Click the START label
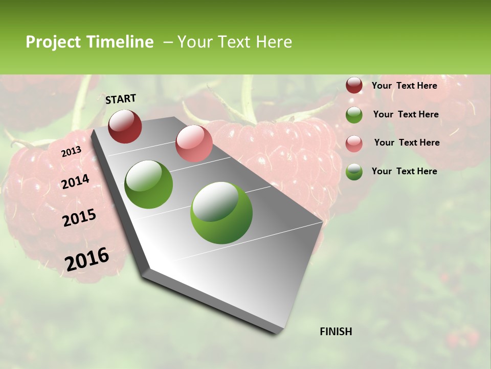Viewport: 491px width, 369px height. point(121,99)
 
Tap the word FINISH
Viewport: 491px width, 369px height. point(336,332)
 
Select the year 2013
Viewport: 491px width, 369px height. point(71,152)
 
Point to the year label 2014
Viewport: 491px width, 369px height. point(75,182)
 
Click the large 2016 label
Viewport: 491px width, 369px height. point(87,259)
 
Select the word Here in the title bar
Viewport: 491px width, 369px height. point(274,42)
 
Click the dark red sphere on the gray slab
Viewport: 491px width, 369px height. point(125,126)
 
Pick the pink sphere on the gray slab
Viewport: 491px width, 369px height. point(194,143)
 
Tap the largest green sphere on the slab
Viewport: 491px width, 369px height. point(221,213)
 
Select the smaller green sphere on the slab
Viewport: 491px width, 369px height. point(149,184)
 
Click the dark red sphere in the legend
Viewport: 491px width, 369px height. point(354,85)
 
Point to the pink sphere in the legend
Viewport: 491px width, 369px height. point(354,143)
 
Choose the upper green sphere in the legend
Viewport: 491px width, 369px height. point(354,114)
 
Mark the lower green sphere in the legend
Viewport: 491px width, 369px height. point(354,172)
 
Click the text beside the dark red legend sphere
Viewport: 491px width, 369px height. point(404,86)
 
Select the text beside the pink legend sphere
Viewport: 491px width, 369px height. point(407,142)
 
